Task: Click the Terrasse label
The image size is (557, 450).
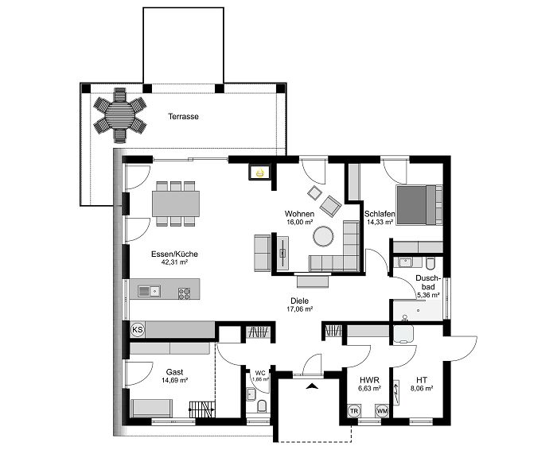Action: coord(183,116)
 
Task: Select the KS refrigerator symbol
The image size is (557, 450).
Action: coord(136,328)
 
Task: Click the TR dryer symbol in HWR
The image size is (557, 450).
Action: coord(354,410)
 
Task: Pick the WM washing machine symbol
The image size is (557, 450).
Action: coord(383,410)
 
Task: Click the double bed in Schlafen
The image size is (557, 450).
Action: coord(418,204)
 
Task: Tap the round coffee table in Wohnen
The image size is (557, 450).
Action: coord(324,236)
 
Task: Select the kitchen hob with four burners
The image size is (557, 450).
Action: coord(185,291)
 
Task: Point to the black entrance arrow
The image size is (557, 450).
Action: coord(313,386)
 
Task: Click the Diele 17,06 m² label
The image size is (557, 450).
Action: coord(299,305)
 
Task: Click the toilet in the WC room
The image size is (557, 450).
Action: coord(262,408)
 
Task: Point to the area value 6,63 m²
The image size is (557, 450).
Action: coord(368,389)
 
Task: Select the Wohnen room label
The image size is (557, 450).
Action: coord(301,214)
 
